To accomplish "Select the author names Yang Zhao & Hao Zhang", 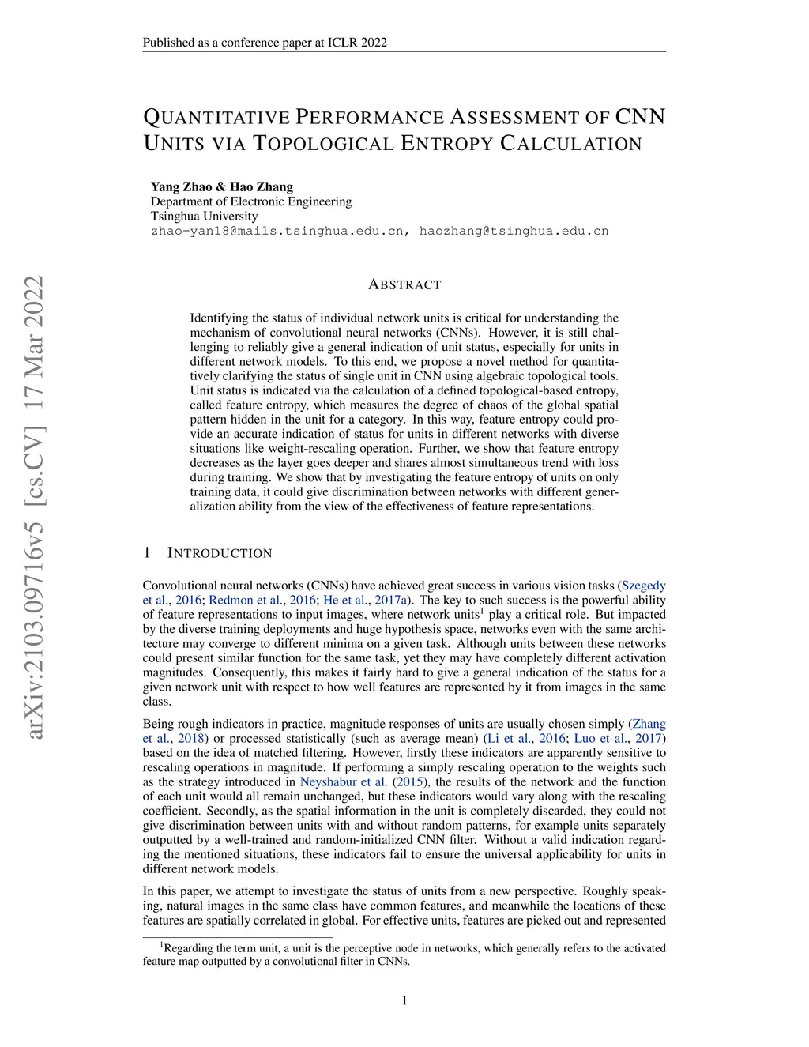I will pyautogui.click(x=222, y=187).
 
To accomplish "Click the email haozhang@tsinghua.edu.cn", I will pyautogui.click(x=514, y=232).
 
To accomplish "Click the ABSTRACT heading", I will pyautogui.click(x=404, y=285).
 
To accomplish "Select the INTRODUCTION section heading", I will pyautogui.click(x=220, y=553).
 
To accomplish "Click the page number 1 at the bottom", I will pyautogui.click(x=404, y=1001).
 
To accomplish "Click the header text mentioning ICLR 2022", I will pyautogui.click(x=265, y=43).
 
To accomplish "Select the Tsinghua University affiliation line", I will pyautogui.click(x=204, y=217).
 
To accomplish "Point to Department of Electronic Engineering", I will pyautogui.click(x=251, y=201).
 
